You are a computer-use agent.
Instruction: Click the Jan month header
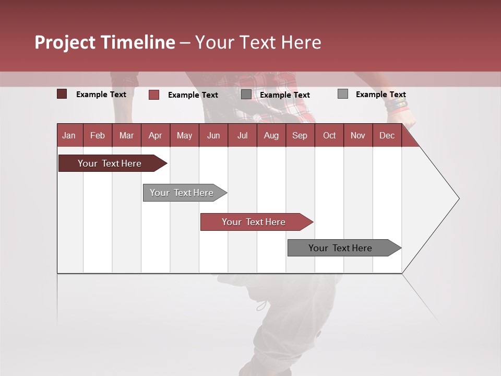pyautogui.click(x=69, y=135)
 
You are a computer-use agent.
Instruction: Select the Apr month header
pyautogui.click(x=155, y=135)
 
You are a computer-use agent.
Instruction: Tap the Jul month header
pyautogui.click(x=242, y=135)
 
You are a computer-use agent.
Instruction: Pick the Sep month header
pyautogui.click(x=300, y=135)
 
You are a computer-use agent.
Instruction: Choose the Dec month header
pyautogui.click(x=387, y=135)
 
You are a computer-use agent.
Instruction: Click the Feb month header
pyautogui.click(x=98, y=135)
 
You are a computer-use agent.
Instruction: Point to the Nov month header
pyautogui.click(x=357, y=135)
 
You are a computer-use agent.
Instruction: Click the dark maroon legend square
pyautogui.click(x=62, y=94)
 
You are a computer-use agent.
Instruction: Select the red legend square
pyautogui.click(x=154, y=95)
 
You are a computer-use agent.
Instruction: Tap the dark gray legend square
pyautogui.click(x=246, y=95)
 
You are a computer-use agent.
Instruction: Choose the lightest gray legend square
pyautogui.click(x=343, y=94)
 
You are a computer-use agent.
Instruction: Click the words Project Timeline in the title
pyautogui.click(x=105, y=42)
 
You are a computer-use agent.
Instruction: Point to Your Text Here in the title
pyautogui.click(x=258, y=42)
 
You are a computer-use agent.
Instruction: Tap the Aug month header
pyautogui.click(x=271, y=135)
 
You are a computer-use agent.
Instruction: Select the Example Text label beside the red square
pyautogui.click(x=193, y=95)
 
